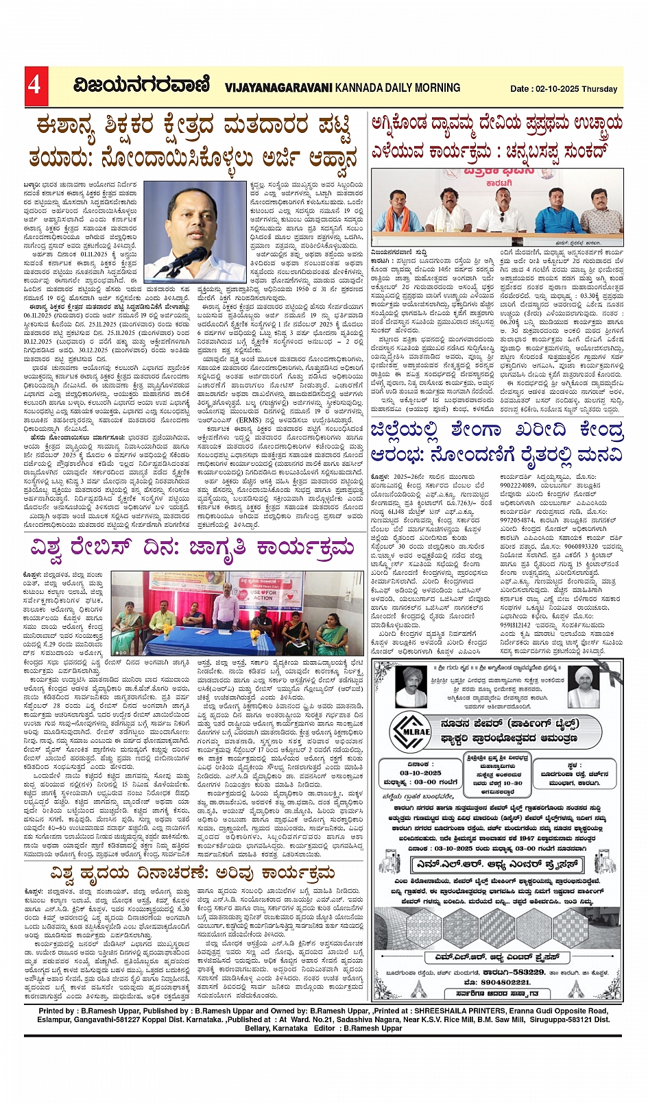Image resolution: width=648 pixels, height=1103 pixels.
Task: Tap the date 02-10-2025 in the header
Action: click(x=556, y=88)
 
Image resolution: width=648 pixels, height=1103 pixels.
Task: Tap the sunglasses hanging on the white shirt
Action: click(x=501, y=216)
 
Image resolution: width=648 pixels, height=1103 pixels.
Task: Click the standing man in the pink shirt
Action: click(x=226, y=605)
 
